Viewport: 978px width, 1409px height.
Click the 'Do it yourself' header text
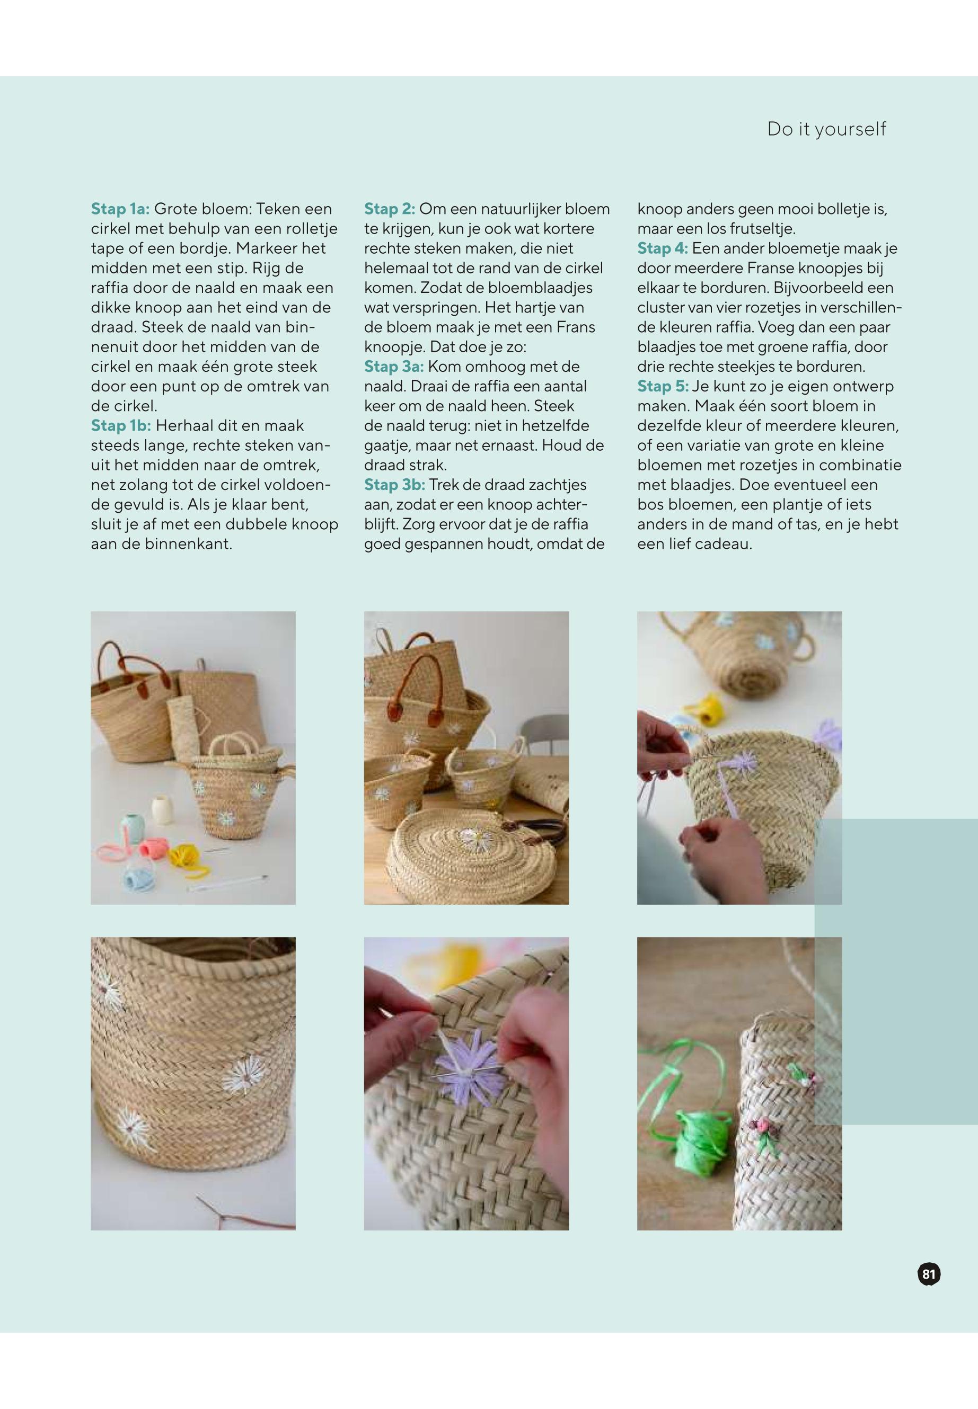pyautogui.click(x=826, y=129)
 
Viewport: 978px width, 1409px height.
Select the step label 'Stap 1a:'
pyautogui.click(x=120, y=209)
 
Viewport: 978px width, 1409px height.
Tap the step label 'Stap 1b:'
pyautogui.click(x=121, y=425)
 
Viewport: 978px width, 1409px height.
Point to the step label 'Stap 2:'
pyautogui.click(x=390, y=209)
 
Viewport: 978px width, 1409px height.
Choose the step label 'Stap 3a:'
pyautogui.click(x=393, y=367)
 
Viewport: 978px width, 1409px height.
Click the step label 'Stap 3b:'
pyautogui.click(x=394, y=485)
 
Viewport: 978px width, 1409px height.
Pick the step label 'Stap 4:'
pyautogui.click(x=663, y=248)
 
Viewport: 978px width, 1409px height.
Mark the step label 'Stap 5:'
pyautogui.click(x=663, y=386)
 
